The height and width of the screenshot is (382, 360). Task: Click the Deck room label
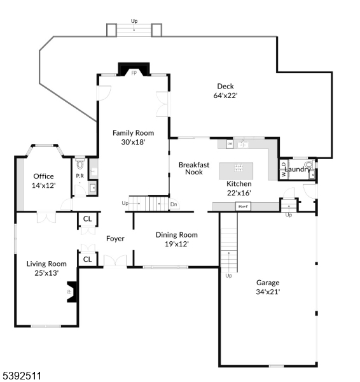(226, 87)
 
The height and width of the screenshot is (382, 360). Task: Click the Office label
(43, 176)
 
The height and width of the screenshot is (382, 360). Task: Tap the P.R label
(80, 176)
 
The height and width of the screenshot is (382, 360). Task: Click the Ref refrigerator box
(242, 206)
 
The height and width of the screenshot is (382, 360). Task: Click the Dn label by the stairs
(174, 204)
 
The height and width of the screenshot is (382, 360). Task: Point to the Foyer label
(115, 239)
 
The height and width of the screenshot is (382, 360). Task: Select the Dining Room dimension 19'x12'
(176, 243)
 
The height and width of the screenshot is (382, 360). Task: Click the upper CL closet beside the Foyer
(87, 220)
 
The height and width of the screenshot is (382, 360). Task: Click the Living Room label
(46, 264)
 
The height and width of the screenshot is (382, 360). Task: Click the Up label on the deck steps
(134, 21)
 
